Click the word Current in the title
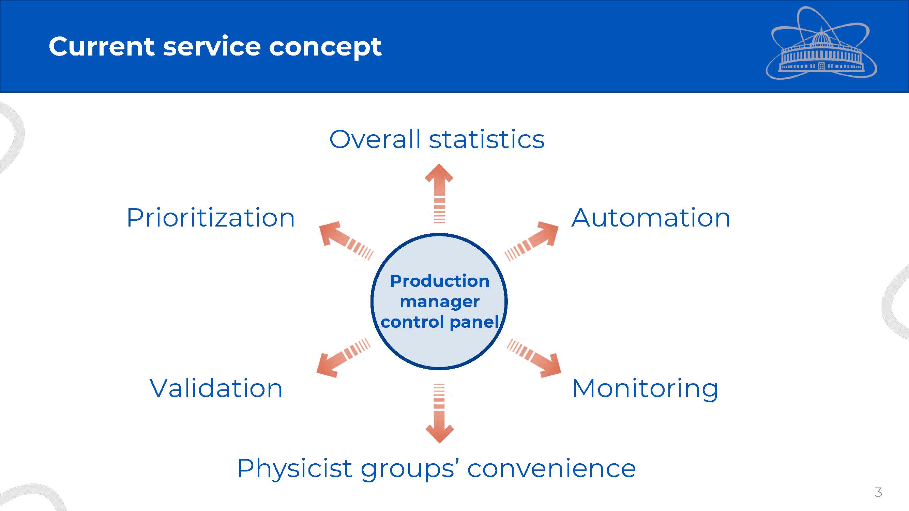coord(102,46)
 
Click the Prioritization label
coord(211,218)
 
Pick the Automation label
coord(651,218)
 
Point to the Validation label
coord(216,388)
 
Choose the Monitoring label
coord(645,389)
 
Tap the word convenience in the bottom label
coord(551,469)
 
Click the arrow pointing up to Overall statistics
coord(439,193)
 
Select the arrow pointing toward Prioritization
coord(346,241)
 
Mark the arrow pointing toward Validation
coord(343,358)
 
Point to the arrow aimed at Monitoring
coord(534,358)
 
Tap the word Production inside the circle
coord(439,281)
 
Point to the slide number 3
coord(878,492)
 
